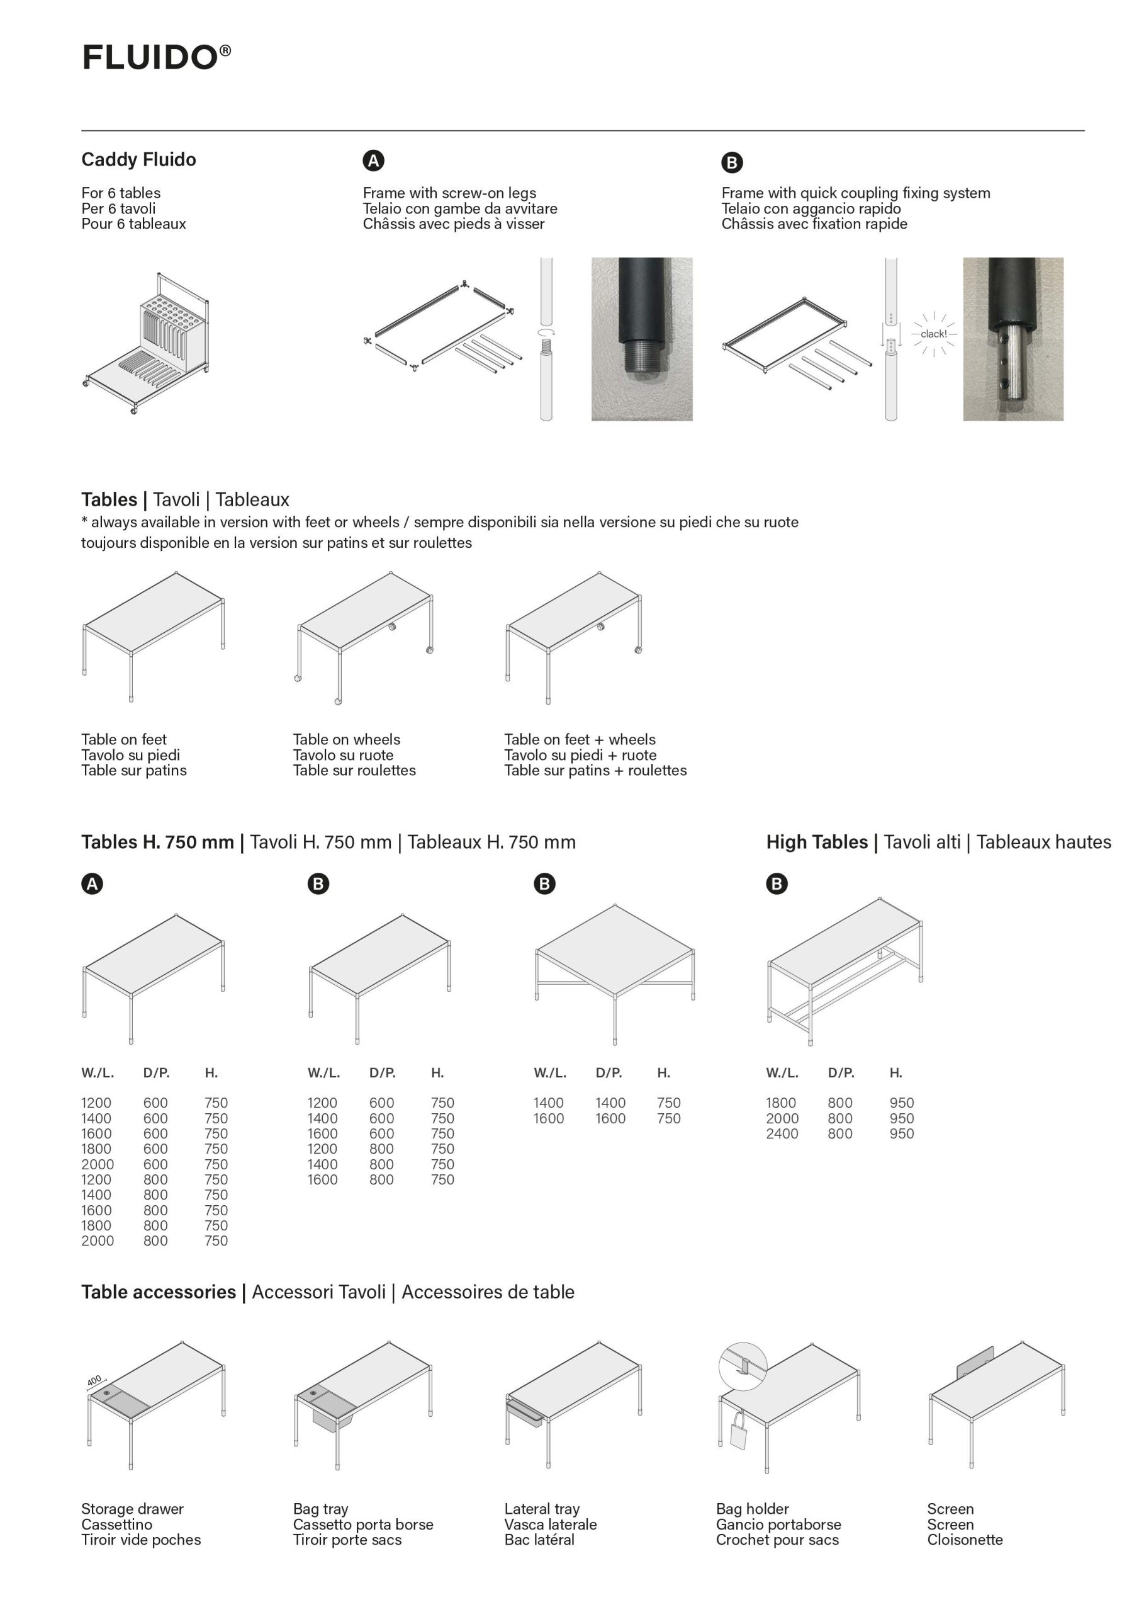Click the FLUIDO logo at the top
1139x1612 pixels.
pos(156,57)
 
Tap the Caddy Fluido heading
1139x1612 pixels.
pos(138,159)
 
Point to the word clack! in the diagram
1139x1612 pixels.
pos(933,334)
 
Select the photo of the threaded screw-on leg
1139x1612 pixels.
pos(641,339)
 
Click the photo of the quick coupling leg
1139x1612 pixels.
pos(1013,339)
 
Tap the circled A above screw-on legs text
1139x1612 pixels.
pos(373,161)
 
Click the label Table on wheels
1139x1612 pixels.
pos(347,739)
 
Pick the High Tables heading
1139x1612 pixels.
pos(817,842)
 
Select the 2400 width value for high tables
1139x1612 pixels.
pos(782,1133)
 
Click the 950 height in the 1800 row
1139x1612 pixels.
pos(902,1103)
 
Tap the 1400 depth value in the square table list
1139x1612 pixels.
pos(610,1103)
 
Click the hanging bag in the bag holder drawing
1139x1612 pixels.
pos(739,1429)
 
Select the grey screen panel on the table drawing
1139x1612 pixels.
pos(975,1361)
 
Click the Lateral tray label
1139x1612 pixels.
pos(542,1509)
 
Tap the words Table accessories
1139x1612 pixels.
pos(159,1292)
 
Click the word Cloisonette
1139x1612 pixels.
pos(965,1540)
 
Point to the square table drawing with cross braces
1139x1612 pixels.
pos(615,972)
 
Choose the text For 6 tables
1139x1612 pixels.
pos(121,193)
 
